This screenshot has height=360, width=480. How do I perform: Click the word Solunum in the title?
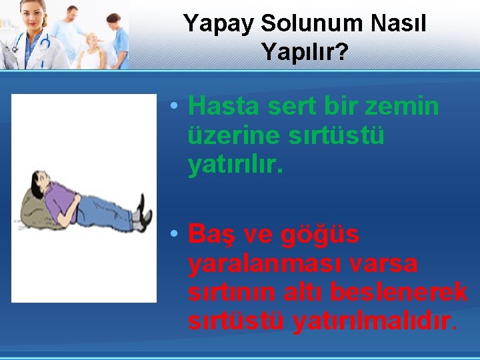(311, 23)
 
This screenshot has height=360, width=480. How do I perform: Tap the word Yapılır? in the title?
(305, 53)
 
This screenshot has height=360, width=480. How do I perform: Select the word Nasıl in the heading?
(398, 23)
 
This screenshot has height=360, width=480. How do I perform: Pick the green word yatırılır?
(235, 164)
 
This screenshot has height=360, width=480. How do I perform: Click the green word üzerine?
(233, 135)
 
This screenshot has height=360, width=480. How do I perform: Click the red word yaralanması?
(265, 264)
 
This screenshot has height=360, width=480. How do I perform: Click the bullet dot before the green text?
(174, 105)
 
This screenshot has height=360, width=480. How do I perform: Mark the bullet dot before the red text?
(174, 233)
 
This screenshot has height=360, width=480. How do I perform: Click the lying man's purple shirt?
(61, 202)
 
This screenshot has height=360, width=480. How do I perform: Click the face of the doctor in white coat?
(33, 15)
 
